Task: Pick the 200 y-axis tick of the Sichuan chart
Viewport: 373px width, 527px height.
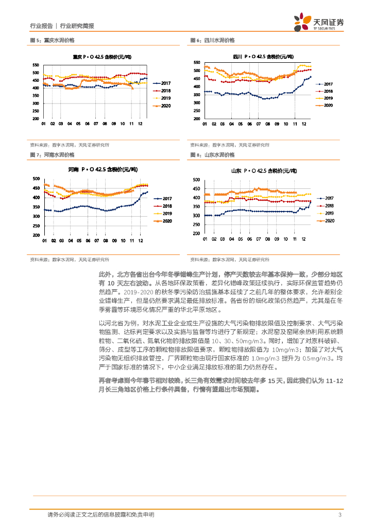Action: tap(196, 119)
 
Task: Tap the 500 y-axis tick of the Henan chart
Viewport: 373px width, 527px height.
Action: tap(36, 179)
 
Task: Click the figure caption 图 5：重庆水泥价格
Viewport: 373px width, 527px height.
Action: tap(53, 40)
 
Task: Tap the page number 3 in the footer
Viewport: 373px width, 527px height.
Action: tap(340, 515)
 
